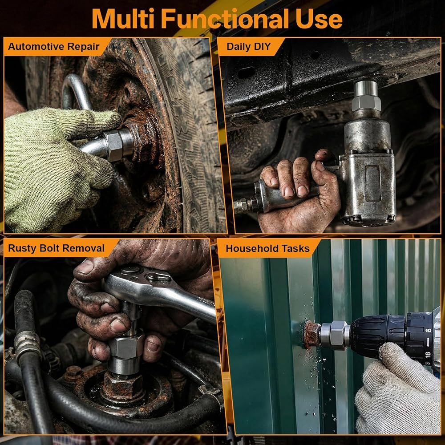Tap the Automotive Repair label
point(54,46)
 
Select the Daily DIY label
point(249,46)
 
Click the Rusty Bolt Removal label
point(56,248)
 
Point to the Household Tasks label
point(267,248)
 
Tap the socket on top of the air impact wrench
point(366,96)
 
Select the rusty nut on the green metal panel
point(311,335)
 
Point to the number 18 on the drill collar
point(428,355)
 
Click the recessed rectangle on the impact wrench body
point(372,183)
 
